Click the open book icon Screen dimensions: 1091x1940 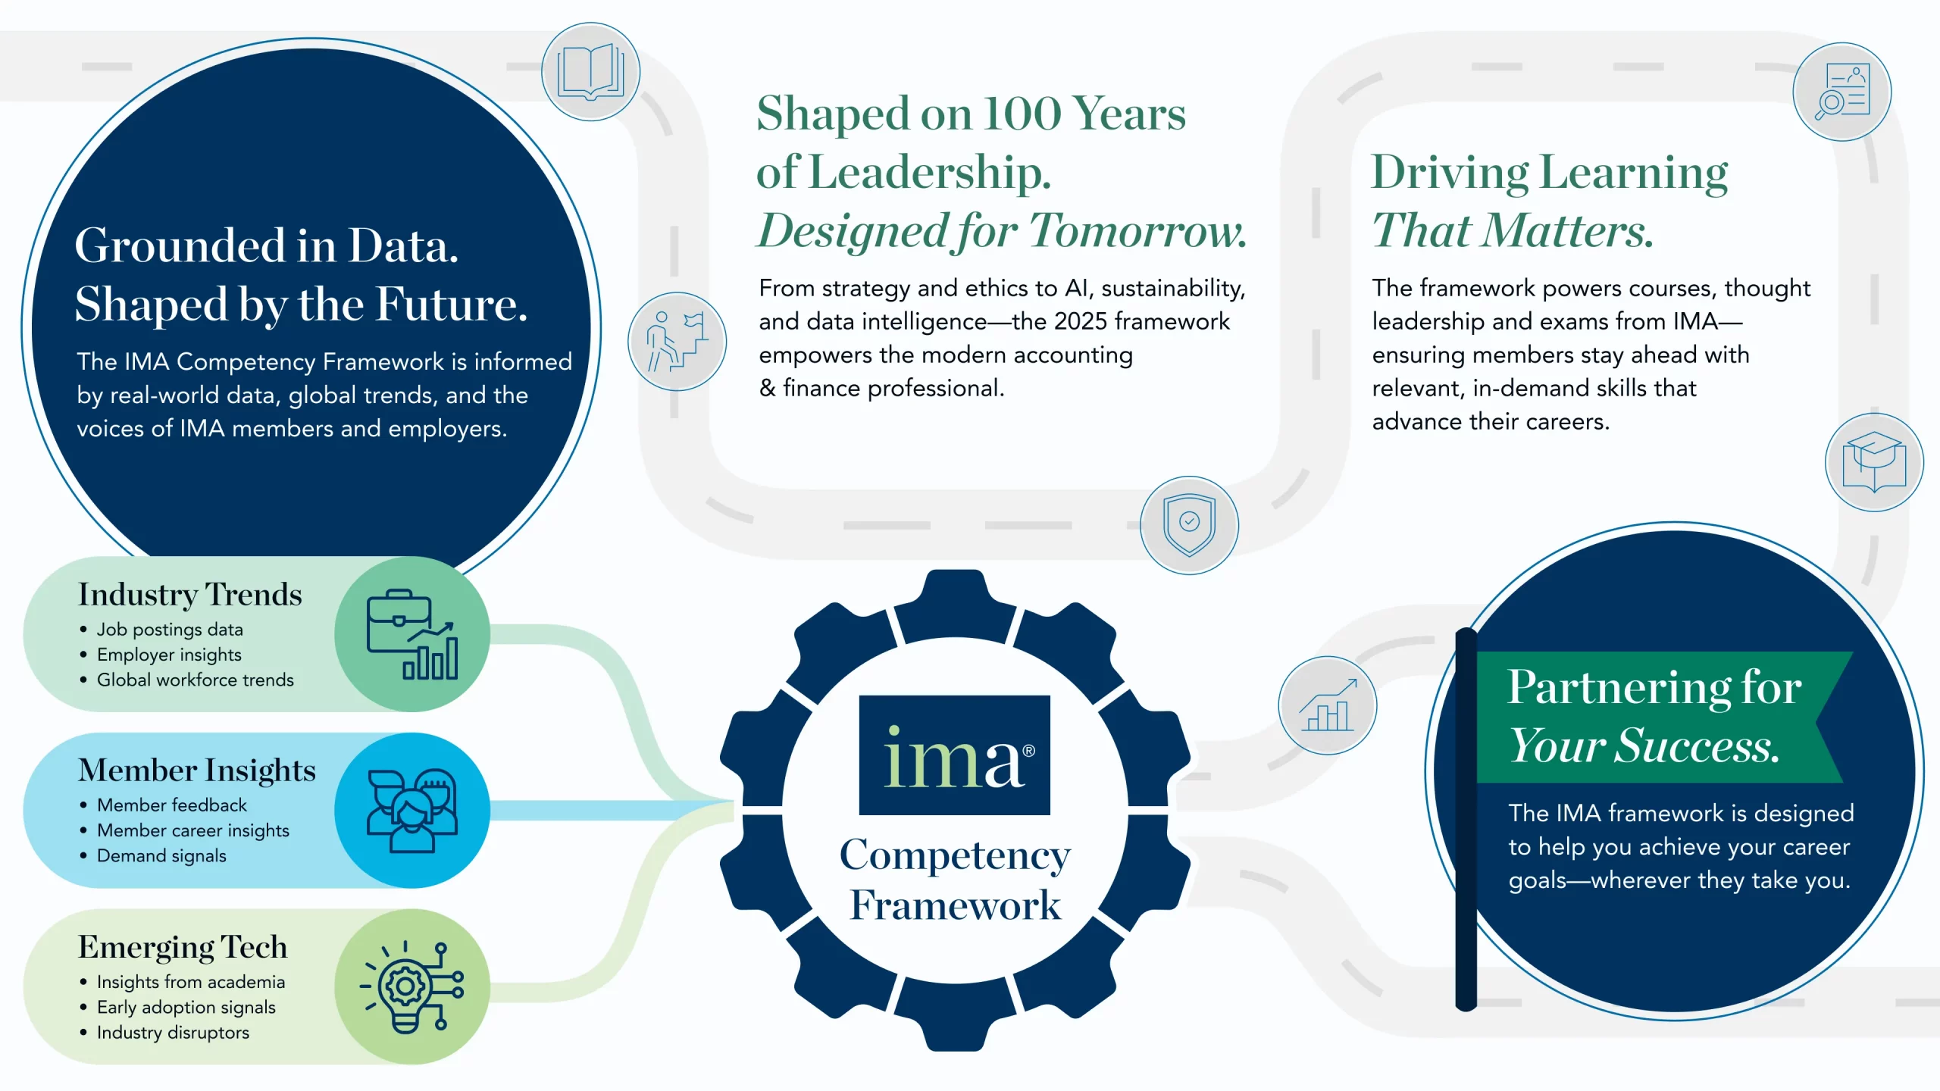coord(590,72)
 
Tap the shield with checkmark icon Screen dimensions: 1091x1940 coord(1189,524)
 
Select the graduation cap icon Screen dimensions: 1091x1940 coord(1873,462)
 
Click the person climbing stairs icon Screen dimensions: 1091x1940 coord(677,342)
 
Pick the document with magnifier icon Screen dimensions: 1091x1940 coord(1841,92)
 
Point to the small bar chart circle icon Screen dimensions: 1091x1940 coord(1327,705)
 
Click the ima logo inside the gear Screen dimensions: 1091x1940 coord(954,755)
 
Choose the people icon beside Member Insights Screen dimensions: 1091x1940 coord(411,810)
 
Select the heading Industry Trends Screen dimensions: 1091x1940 coord(189,595)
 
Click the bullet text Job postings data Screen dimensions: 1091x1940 coord(170,630)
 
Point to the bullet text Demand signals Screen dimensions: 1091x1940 coord(161,855)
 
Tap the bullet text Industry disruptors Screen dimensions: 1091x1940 coord(173,1033)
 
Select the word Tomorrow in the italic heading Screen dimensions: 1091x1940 coord(1137,230)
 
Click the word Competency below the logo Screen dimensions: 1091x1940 coord(955,855)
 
